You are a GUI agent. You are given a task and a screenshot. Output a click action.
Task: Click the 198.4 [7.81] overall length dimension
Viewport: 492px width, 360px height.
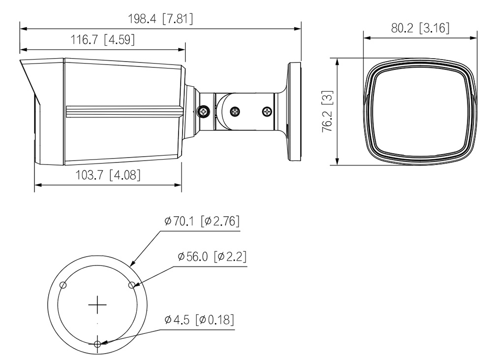coord(160,19)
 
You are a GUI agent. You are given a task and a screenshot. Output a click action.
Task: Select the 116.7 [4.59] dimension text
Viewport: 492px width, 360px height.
coord(103,40)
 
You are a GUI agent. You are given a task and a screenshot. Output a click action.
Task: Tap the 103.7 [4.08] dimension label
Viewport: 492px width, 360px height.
coord(108,175)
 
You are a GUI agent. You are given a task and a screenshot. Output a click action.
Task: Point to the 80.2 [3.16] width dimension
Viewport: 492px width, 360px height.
coord(420,28)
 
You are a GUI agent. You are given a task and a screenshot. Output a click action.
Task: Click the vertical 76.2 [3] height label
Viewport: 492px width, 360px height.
coord(328,111)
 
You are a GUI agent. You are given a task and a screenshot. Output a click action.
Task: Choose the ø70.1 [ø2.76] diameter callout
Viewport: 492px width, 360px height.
coord(202,221)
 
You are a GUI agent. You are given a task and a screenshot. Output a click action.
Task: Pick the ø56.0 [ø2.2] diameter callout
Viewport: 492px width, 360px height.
coord(212,257)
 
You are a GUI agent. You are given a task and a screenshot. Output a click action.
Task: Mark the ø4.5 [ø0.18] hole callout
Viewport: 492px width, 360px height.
coord(199,320)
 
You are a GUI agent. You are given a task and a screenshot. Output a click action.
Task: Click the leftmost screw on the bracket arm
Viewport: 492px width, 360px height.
coord(204,111)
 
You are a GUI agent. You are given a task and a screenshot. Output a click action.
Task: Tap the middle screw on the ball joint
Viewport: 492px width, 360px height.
coord(235,111)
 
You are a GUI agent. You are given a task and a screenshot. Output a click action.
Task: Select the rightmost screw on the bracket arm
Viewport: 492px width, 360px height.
coord(267,111)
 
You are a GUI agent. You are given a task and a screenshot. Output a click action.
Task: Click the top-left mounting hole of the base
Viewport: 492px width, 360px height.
coord(63,285)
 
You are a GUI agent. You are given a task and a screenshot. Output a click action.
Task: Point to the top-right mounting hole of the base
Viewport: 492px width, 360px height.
coord(132,285)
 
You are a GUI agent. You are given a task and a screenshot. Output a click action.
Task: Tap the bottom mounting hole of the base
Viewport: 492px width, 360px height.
coord(97,344)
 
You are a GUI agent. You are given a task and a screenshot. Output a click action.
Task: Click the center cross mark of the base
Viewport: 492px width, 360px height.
coord(97,305)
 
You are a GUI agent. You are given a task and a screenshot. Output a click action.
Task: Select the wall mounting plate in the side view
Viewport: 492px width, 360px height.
coord(294,111)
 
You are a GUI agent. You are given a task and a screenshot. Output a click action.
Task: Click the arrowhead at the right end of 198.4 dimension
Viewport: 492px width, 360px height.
coord(298,29)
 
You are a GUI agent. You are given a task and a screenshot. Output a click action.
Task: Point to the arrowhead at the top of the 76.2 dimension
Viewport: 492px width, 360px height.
coord(338,62)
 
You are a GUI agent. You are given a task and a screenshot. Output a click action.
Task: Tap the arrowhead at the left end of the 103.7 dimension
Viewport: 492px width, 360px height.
coord(38,185)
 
